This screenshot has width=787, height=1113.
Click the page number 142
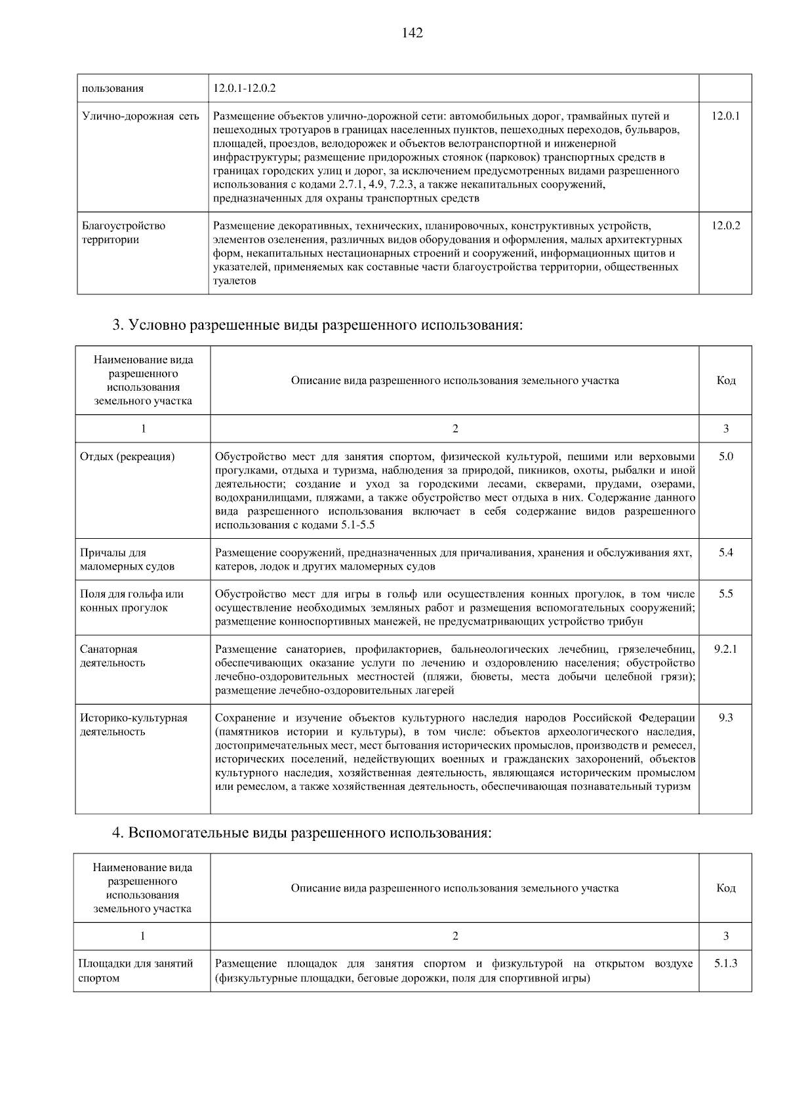tap(413, 33)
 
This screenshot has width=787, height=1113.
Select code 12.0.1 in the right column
tap(725, 116)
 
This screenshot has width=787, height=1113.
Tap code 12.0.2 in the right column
tap(725, 225)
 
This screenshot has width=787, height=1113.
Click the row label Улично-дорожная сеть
tap(140, 116)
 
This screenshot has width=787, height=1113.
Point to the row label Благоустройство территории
tap(123, 233)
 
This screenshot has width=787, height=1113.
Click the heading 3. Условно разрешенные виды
tap(318, 325)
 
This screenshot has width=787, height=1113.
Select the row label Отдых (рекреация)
tap(127, 457)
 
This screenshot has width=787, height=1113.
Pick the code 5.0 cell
tap(725, 456)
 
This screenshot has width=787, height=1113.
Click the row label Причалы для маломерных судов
tap(127, 560)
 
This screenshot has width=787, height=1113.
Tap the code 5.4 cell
tap(725, 553)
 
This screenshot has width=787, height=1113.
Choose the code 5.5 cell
tap(725, 594)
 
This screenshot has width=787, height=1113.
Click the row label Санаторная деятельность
tap(113, 656)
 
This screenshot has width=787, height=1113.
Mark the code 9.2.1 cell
tap(725, 649)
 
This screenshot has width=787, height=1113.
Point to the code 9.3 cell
tap(725, 718)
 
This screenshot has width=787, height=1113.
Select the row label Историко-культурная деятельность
tap(134, 725)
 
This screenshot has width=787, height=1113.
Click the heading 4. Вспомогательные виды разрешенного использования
tap(302, 833)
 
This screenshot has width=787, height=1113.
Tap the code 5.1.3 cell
tap(725, 964)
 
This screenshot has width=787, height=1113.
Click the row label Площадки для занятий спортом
tap(136, 971)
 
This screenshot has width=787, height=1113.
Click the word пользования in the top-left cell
tap(113, 88)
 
